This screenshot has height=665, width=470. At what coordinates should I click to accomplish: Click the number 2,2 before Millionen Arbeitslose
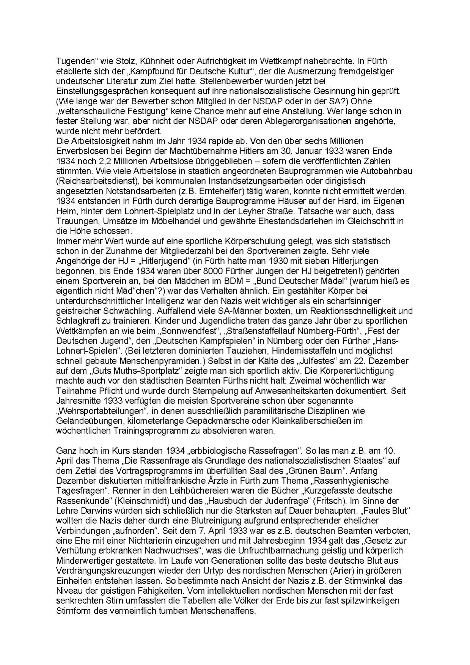[x=95, y=161]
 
